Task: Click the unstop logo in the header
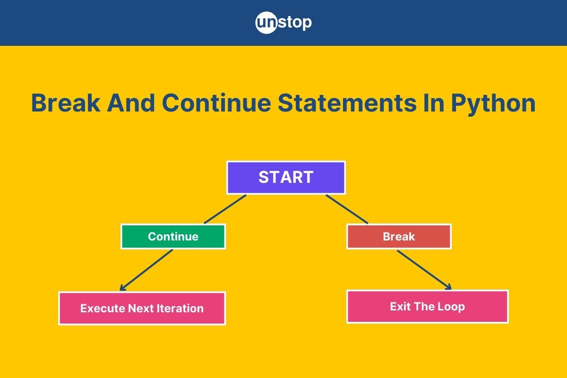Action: pos(283,23)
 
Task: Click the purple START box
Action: pos(286,178)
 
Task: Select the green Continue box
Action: pos(173,236)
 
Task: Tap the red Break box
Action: pos(399,236)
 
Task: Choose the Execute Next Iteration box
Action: pos(142,308)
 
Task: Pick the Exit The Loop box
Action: pos(428,307)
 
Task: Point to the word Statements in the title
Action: pos(347,103)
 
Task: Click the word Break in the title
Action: pos(65,103)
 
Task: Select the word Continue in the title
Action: pos(216,103)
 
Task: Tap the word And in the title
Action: pos(130,103)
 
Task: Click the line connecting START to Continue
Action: pos(225,209)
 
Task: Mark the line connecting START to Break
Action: pos(347,209)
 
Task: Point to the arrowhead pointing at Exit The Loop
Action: pos(449,287)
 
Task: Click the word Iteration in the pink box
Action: pos(180,309)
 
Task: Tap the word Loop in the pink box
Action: pos(451,307)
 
